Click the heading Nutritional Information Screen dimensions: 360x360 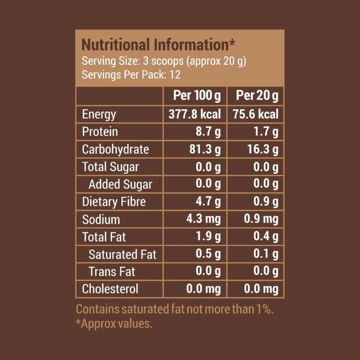pyautogui.click(x=158, y=45)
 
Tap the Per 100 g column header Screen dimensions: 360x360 pyautogui.click(x=197, y=96)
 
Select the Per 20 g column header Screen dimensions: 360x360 pyautogui.click(x=257, y=96)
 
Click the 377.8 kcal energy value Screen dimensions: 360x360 pyautogui.click(x=194, y=114)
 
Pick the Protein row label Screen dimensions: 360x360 pyautogui.click(x=100, y=131)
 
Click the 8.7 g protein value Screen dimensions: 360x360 pyautogui.click(x=208, y=131)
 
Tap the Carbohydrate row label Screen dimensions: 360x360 pyautogui.click(x=115, y=149)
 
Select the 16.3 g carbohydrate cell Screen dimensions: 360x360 pyautogui.click(x=261, y=149)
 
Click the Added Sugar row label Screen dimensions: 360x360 pyautogui.click(x=120, y=184)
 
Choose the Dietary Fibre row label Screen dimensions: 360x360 pyautogui.click(x=114, y=202)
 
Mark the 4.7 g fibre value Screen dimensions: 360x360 pyautogui.click(x=208, y=202)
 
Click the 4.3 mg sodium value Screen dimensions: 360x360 pyautogui.click(x=203, y=219)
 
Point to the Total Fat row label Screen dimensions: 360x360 pyautogui.click(x=104, y=237)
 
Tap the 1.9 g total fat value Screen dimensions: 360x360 pyautogui.click(x=208, y=237)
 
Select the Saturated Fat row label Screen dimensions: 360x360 pyautogui.click(x=122, y=254)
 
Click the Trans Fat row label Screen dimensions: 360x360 pyautogui.click(x=112, y=272)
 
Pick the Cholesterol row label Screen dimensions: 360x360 pyautogui.click(x=110, y=289)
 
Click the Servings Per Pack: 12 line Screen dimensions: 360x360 pyautogui.click(x=131, y=74)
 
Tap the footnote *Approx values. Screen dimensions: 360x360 pyautogui.click(x=114, y=324)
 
